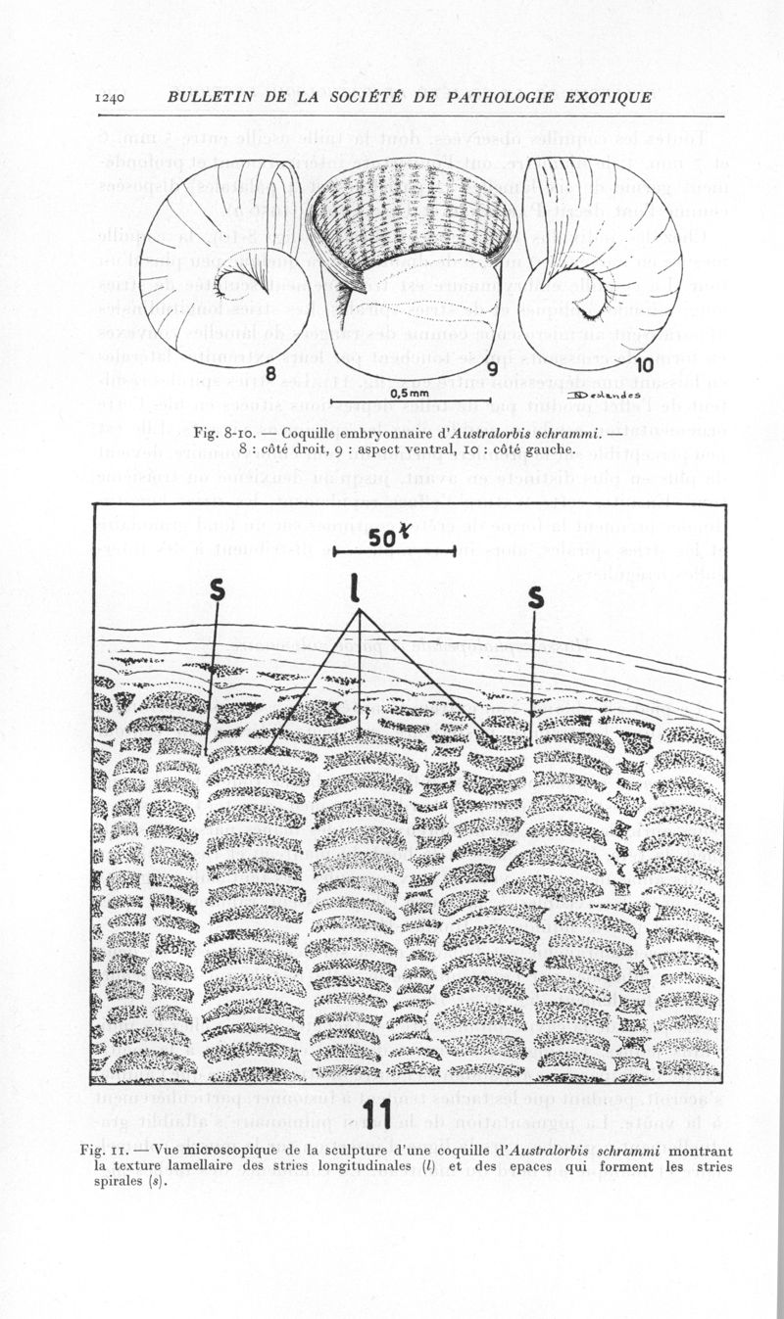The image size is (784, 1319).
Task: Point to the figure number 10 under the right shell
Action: pyautogui.click(x=645, y=365)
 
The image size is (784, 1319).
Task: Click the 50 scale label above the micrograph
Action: pyautogui.click(x=385, y=538)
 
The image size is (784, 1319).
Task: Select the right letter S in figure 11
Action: pyautogui.click(x=535, y=595)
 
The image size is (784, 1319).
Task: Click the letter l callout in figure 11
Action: pyautogui.click(x=359, y=589)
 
